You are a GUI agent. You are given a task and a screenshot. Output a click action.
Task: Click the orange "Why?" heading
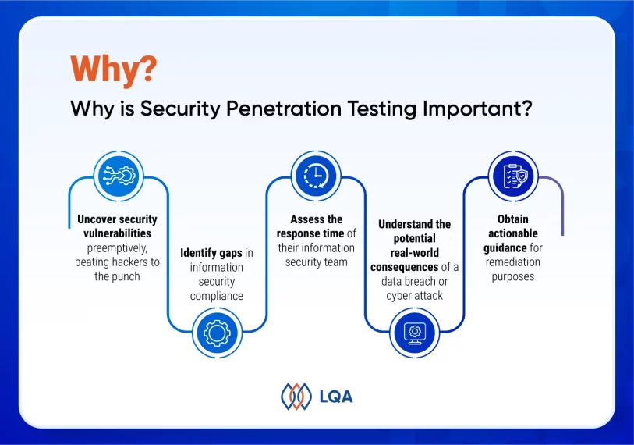[x=113, y=69]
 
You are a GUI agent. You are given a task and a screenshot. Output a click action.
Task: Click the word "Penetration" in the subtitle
[x=283, y=108]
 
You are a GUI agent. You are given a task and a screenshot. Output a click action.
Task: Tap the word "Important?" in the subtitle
[x=477, y=109]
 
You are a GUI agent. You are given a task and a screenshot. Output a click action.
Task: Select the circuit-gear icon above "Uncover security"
[x=119, y=176]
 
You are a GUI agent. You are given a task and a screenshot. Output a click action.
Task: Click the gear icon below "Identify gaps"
[x=217, y=333]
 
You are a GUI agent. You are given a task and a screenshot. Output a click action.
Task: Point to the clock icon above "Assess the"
[x=316, y=176]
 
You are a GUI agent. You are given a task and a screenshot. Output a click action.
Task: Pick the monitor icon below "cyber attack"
[x=414, y=333]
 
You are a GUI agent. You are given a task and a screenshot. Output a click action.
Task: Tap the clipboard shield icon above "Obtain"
[x=513, y=176]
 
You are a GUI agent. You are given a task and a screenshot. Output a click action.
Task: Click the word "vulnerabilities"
[x=117, y=233]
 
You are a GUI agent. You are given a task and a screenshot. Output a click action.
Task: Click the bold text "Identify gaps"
[x=211, y=254]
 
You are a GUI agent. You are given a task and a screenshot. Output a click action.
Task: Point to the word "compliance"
[x=217, y=297]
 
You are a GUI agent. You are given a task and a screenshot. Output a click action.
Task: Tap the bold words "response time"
[x=310, y=234]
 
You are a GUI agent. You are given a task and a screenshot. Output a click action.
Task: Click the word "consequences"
[x=404, y=268]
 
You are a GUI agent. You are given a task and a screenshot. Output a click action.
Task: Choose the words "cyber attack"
[x=414, y=296]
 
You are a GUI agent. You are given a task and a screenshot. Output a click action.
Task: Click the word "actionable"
[x=513, y=233]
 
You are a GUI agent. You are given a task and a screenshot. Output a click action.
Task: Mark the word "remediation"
[x=512, y=262]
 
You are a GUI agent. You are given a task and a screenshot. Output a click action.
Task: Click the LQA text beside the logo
[x=336, y=397]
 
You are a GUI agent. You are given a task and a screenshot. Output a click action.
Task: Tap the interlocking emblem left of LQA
[x=296, y=396]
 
